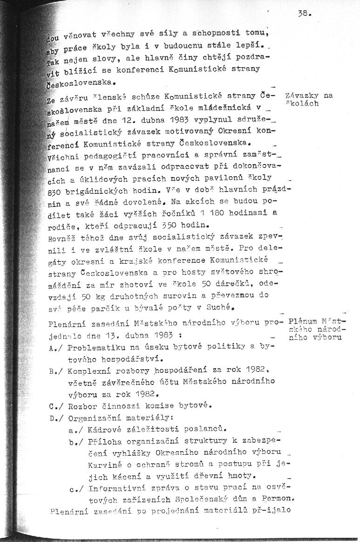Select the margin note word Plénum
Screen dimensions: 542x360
[303, 322]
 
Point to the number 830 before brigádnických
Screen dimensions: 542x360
[55, 192]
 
